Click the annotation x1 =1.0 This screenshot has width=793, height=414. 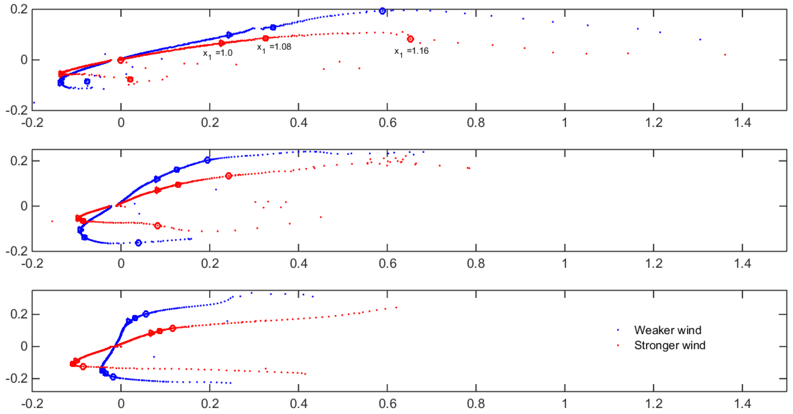218,53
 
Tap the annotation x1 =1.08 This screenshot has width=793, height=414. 274,47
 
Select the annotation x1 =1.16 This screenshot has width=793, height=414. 411,51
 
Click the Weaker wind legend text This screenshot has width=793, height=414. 667,330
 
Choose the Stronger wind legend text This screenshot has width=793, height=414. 669,345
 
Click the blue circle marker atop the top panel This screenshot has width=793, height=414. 382,11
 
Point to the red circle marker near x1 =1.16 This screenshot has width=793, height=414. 410,39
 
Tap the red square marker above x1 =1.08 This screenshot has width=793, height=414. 265,38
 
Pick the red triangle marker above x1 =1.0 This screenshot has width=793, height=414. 222,43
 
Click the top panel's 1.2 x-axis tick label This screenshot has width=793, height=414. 654,123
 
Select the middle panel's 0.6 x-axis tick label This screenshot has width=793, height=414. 387,264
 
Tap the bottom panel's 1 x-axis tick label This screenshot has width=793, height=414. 565,404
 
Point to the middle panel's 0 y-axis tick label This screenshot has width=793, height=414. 24,206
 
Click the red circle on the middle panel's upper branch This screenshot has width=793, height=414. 228,176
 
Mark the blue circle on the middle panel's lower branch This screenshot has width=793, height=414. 138,243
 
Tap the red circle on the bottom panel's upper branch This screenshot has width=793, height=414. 173,328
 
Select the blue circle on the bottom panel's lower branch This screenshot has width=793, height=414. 113,377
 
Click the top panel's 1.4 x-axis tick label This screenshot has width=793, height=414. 742,123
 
